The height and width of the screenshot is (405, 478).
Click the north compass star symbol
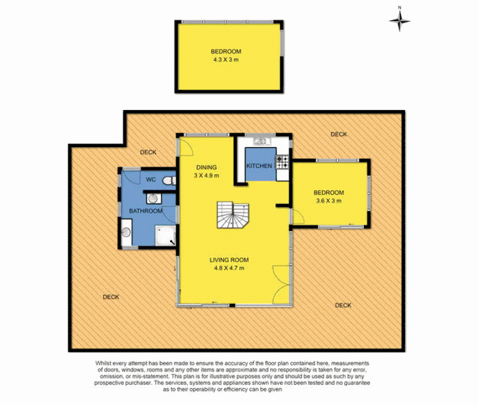(399, 21)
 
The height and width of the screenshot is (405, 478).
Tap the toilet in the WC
(169, 181)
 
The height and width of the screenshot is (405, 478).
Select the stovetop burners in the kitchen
(282, 162)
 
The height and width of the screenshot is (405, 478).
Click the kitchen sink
(262, 141)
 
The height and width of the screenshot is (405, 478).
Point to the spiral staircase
(233, 215)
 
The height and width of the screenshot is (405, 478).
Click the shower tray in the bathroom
(166, 235)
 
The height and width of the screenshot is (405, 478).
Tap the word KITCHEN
(259, 166)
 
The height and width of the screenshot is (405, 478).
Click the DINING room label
(206, 168)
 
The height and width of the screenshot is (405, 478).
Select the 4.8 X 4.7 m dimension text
(229, 268)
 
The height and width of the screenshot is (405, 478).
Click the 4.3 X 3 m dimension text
(226, 59)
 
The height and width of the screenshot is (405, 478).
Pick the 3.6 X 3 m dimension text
(329, 200)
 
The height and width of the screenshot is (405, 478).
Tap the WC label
(151, 179)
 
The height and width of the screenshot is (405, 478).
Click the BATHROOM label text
(146, 211)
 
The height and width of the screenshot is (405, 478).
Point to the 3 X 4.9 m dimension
(206, 175)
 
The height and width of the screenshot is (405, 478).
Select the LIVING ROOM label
(229, 260)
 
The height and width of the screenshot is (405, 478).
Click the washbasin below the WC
(154, 199)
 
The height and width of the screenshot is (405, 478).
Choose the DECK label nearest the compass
(339, 134)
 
